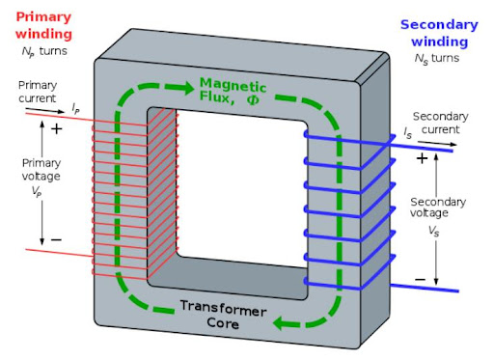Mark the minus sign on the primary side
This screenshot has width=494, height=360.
tap(56, 238)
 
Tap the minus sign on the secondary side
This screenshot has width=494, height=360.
tap(421, 279)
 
